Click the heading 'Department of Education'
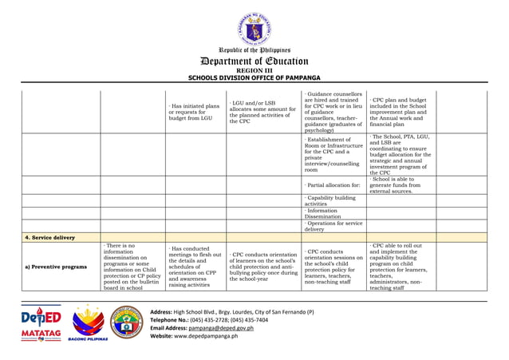(x=254, y=61)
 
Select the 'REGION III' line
(x=254, y=70)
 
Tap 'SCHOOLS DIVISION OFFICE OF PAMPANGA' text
(x=254, y=78)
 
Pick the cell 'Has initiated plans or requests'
(x=194, y=113)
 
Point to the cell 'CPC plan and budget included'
(x=400, y=113)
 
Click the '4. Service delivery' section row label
(x=48, y=237)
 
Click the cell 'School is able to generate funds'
(x=400, y=184)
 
